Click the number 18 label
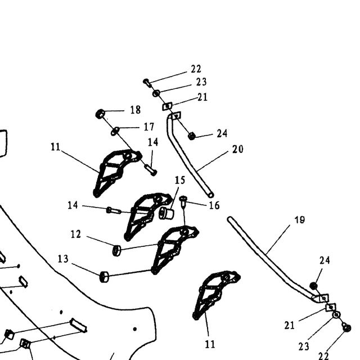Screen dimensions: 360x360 pos(136,110)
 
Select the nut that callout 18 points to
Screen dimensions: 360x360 pos(100,114)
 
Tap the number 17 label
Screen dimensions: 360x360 pos(148,127)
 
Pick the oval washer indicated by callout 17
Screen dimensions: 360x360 pos(115,131)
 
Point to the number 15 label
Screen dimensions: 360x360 pos(180,180)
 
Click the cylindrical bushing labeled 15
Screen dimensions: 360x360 pos(166,213)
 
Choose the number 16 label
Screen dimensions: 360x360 pos(214,205)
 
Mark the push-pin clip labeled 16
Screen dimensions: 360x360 pos(183,201)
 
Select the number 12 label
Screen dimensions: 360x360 pos(76,234)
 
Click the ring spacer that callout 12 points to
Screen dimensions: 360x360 pos(116,250)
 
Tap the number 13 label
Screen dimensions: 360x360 pos(63,259)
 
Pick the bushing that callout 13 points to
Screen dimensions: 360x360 pos(104,277)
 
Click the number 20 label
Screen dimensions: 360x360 pos(237,149)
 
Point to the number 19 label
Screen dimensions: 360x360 pos(300,220)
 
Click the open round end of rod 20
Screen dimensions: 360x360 pos(211,195)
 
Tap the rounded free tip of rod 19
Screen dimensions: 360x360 pos(230,219)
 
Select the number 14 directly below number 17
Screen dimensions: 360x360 pos(153,142)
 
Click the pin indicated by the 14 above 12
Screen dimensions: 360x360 pos(114,210)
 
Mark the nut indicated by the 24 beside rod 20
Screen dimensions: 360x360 pos(191,136)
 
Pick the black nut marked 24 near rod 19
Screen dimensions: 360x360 pos(313,286)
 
